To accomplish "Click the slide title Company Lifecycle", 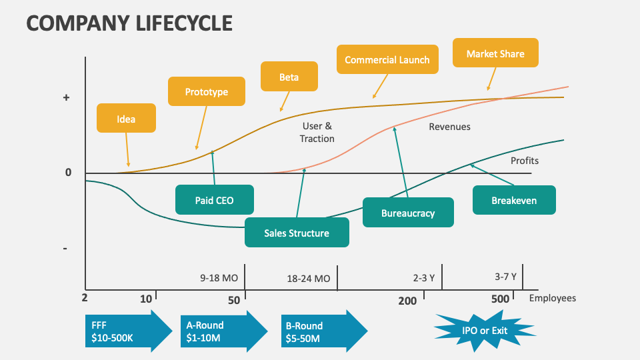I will click(x=129, y=23).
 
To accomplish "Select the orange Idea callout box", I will click(x=126, y=119).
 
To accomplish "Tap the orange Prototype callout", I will click(x=206, y=92).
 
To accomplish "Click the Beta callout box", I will click(x=289, y=77).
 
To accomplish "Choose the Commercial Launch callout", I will click(x=387, y=60).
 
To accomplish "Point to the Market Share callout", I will click(x=495, y=53).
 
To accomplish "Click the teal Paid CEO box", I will click(x=214, y=199).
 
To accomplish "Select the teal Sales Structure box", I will click(x=296, y=233).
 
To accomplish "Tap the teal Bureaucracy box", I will click(x=407, y=213).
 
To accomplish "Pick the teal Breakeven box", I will click(x=513, y=200).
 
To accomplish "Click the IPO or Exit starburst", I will click(x=484, y=330).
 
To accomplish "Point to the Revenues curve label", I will click(x=449, y=127).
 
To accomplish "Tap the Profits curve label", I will click(x=524, y=161).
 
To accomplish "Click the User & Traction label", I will click(x=317, y=132).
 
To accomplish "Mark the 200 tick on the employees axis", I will click(x=407, y=301).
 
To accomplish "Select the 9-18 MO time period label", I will click(x=219, y=277).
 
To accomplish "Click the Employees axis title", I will click(x=552, y=298).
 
